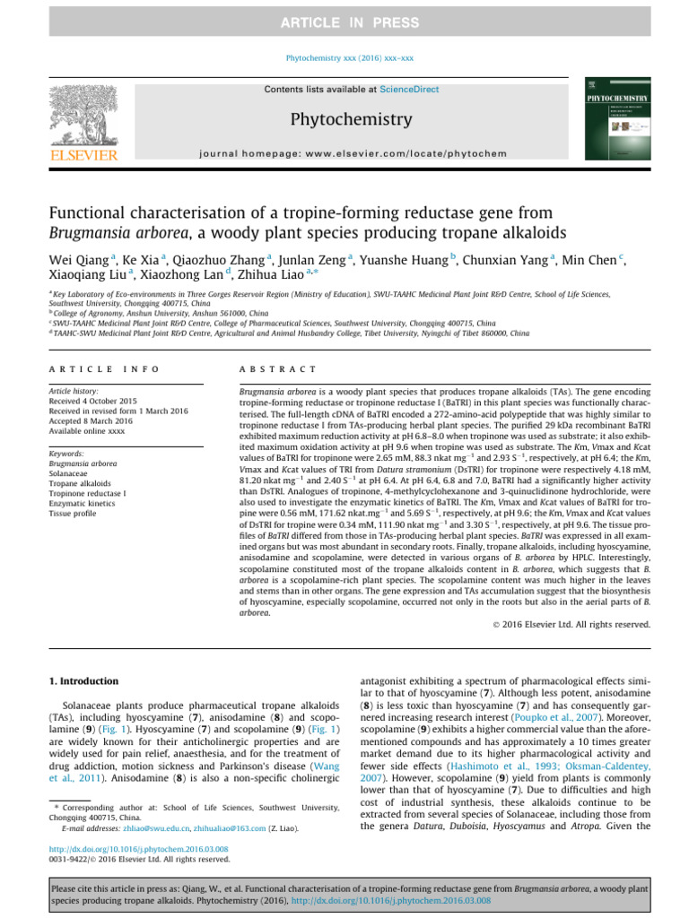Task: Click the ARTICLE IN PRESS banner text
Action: coord(344,22)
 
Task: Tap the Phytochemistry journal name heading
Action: coord(344,118)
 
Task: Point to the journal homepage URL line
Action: coord(344,154)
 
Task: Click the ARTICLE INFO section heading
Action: coord(104,369)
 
